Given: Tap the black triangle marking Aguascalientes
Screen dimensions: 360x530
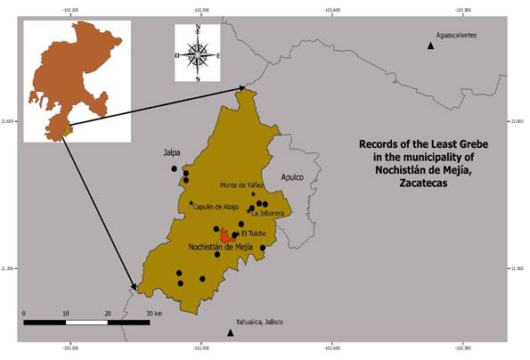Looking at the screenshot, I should tap(431, 45).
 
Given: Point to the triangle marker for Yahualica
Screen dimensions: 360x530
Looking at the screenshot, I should tap(231, 333).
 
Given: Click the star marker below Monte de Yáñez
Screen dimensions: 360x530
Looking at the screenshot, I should tap(253, 194).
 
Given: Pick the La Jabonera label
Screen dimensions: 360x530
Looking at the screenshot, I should tap(268, 214).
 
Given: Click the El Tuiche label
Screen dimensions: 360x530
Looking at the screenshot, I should tap(254, 233).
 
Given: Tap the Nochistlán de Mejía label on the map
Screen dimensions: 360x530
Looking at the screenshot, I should tap(220, 247).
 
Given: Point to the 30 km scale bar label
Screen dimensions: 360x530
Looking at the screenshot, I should tap(152, 315).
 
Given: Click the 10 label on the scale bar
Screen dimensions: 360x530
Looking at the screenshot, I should tap(65, 315).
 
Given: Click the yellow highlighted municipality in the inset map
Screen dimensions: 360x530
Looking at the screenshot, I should tap(66, 131).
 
